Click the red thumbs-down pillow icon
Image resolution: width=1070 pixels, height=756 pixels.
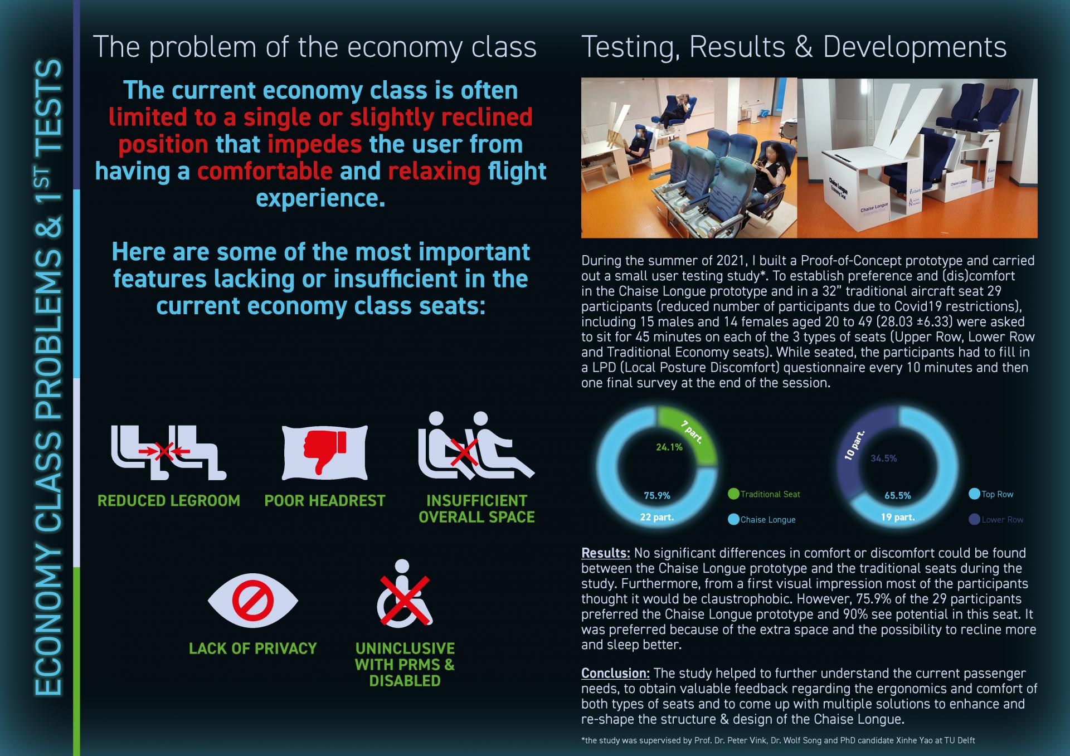coord(325,453)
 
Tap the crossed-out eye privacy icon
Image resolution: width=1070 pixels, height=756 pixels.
coord(253,600)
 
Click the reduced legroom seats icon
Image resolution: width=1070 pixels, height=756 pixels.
coord(169,453)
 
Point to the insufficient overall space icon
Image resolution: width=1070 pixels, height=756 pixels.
coord(476,446)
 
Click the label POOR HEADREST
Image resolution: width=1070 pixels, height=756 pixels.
coord(325,501)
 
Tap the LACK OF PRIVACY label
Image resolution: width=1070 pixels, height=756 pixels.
coord(253,648)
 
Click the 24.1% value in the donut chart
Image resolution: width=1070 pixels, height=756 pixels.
coord(669,447)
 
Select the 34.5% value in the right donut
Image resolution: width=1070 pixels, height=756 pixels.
coord(884,459)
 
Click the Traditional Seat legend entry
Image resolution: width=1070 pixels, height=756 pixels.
coord(765,494)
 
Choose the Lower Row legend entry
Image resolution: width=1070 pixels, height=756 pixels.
coord(996,520)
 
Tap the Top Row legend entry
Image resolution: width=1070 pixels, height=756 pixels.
coord(991,494)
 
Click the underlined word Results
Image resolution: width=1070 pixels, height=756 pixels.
coord(606,553)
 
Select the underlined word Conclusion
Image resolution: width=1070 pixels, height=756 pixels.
coord(616,674)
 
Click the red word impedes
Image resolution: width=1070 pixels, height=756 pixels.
coord(315,145)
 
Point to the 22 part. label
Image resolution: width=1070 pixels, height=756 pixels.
coord(657,517)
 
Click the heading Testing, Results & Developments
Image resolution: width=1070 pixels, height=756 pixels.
coord(794,48)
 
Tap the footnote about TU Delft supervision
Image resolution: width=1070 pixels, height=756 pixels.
coord(778,740)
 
